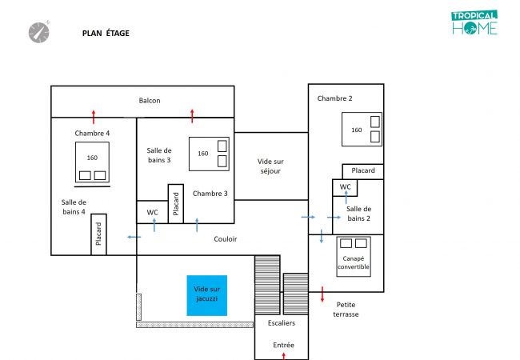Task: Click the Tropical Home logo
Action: tap(474, 23)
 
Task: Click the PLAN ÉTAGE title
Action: tap(106, 34)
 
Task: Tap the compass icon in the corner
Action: tap(38, 31)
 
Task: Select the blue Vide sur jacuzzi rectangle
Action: tap(206, 294)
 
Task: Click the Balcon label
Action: tap(150, 101)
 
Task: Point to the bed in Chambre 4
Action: tap(92, 162)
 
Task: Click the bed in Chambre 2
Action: tap(362, 130)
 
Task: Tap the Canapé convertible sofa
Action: tap(353, 256)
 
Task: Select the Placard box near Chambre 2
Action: tap(363, 171)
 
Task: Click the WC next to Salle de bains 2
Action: tap(345, 187)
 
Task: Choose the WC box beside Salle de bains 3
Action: tap(152, 212)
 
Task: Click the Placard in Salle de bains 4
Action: tap(98, 234)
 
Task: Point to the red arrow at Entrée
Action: tap(284, 354)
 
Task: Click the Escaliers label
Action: tap(282, 323)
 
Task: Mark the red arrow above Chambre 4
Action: tap(94, 115)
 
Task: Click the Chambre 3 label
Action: tap(210, 193)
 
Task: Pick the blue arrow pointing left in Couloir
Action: tap(134, 237)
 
